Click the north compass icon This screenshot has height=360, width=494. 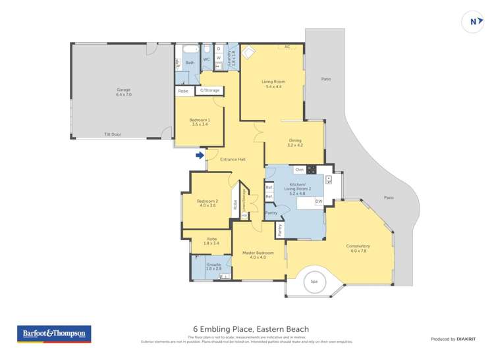coord(472,21)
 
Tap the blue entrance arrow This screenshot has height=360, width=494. coord(199,155)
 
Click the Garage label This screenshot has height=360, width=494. coord(124,92)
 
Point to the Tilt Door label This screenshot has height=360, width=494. coord(112,134)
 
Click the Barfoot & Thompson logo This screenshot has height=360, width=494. coord(53,334)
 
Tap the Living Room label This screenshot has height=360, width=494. coord(273,84)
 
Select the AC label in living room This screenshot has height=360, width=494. coord(287,47)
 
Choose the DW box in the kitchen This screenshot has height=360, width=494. coord(319,201)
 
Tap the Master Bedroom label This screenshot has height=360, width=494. coord(258,255)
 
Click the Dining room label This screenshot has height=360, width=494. coord(295,142)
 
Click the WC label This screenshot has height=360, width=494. coord(206,59)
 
